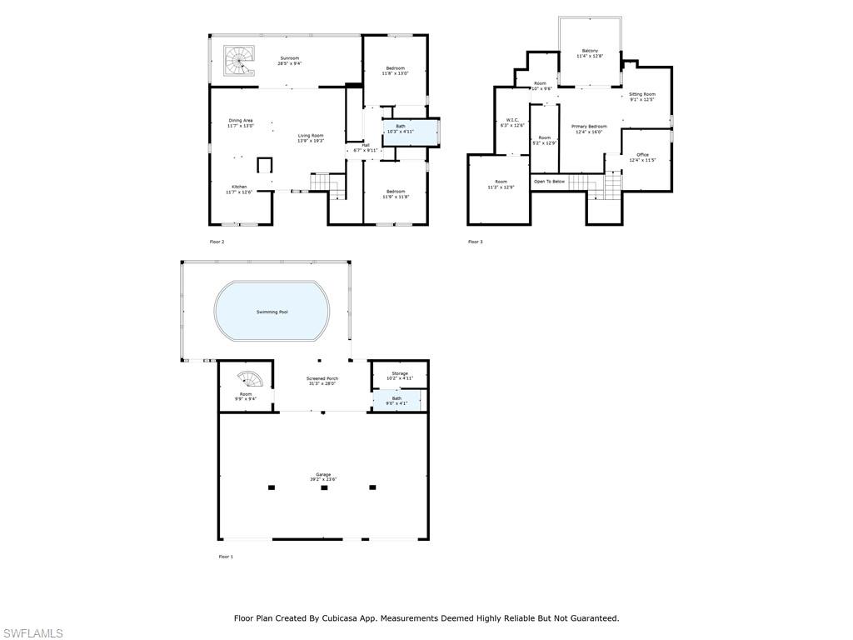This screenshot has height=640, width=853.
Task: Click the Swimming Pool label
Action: [x=272, y=312]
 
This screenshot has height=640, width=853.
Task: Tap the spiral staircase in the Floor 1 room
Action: [x=252, y=381]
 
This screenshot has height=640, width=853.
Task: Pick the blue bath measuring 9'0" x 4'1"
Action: [x=397, y=402]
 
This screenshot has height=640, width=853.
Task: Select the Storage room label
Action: [x=400, y=373]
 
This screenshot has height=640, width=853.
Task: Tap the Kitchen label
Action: [x=239, y=187]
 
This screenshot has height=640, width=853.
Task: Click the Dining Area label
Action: [x=241, y=121]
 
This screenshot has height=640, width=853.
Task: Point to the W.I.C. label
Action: [x=512, y=120]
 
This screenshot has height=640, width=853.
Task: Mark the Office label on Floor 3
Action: [x=642, y=154]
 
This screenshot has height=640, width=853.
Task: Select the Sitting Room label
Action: [x=642, y=94]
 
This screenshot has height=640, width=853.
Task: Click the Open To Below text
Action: [x=549, y=181]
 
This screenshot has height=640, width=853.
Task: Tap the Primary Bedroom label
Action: [x=589, y=126]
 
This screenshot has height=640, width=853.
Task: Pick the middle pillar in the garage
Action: [x=324, y=487]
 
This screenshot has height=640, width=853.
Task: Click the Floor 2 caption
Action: [x=217, y=242]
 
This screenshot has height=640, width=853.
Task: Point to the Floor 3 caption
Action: [x=475, y=242]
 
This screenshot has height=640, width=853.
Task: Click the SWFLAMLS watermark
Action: [x=32, y=633]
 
